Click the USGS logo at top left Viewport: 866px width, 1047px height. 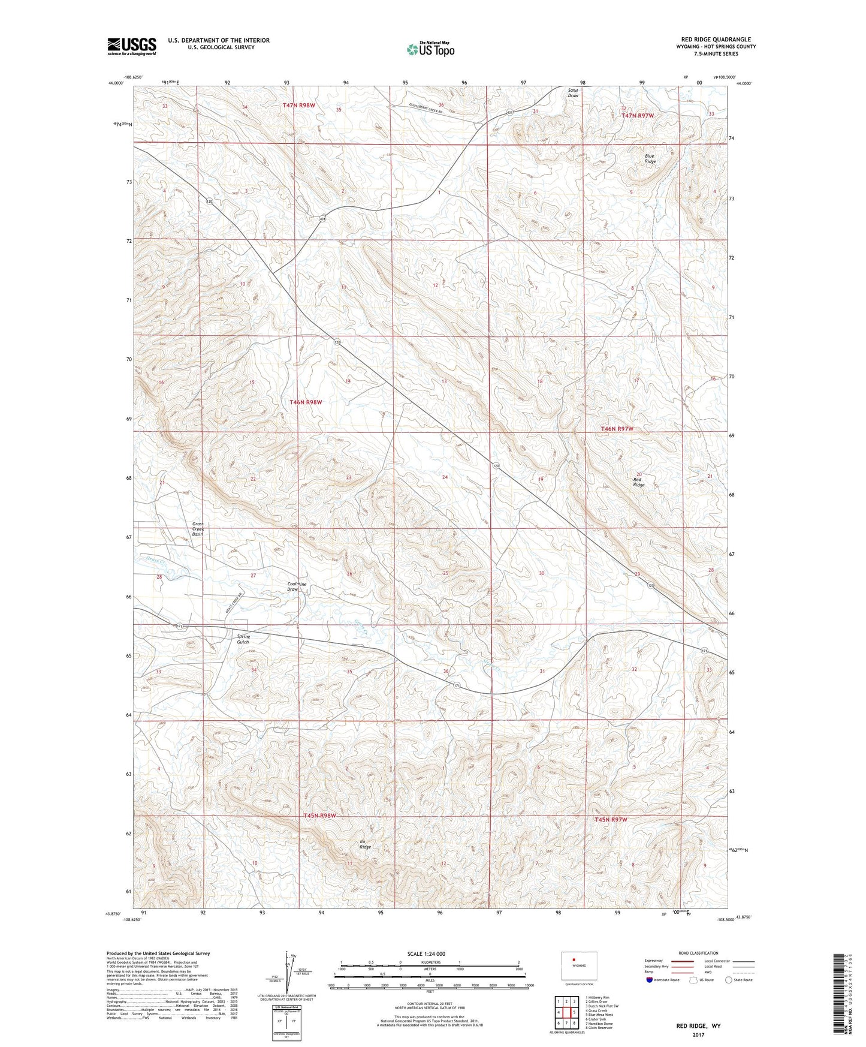click(x=132, y=46)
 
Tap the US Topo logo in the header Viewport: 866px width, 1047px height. click(x=430, y=49)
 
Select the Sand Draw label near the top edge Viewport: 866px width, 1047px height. click(x=573, y=93)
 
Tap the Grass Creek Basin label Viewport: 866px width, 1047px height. click(x=198, y=528)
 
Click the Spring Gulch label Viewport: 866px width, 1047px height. click(x=243, y=639)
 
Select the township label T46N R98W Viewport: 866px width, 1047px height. click(x=306, y=402)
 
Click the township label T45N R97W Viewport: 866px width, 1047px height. click(x=611, y=819)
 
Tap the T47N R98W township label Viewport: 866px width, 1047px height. click(x=299, y=105)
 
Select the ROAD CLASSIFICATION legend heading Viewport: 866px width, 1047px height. click(x=698, y=953)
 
